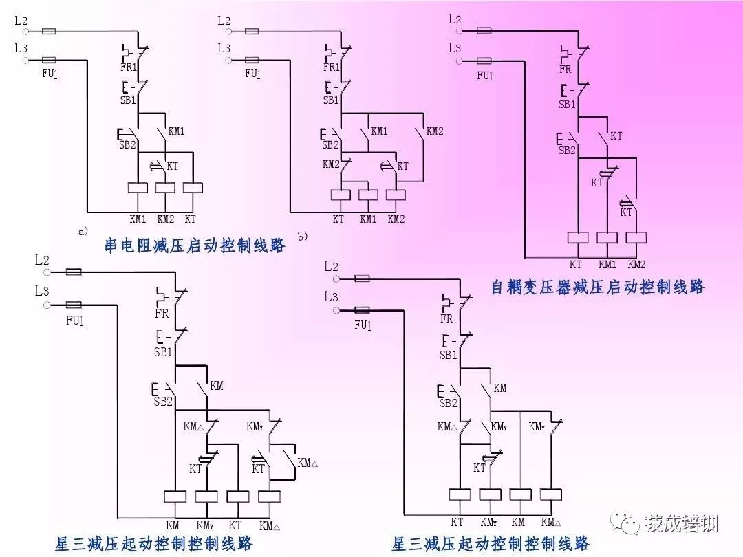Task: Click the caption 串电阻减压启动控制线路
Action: (x=195, y=245)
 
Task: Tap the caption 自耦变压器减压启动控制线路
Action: (x=598, y=287)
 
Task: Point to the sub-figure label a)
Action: (x=83, y=232)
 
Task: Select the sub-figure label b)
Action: (x=302, y=237)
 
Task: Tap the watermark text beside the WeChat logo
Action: (x=681, y=525)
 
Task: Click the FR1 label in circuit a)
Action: (x=129, y=67)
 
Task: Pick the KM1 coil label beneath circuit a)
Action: (x=139, y=219)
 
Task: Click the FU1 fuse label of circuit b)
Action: (x=252, y=72)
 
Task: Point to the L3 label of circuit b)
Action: (x=224, y=48)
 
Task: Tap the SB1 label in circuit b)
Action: (x=331, y=100)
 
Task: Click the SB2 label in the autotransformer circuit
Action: (x=567, y=150)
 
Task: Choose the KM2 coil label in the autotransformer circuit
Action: (x=637, y=264)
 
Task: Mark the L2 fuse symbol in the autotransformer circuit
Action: (x=484, y=31)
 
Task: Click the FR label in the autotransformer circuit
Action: (x=566, y=69)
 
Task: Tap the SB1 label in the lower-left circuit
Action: (x=163, y=351)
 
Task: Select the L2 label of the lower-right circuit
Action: (x=331, y=266)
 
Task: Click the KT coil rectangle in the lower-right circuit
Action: (x=458, y=494)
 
